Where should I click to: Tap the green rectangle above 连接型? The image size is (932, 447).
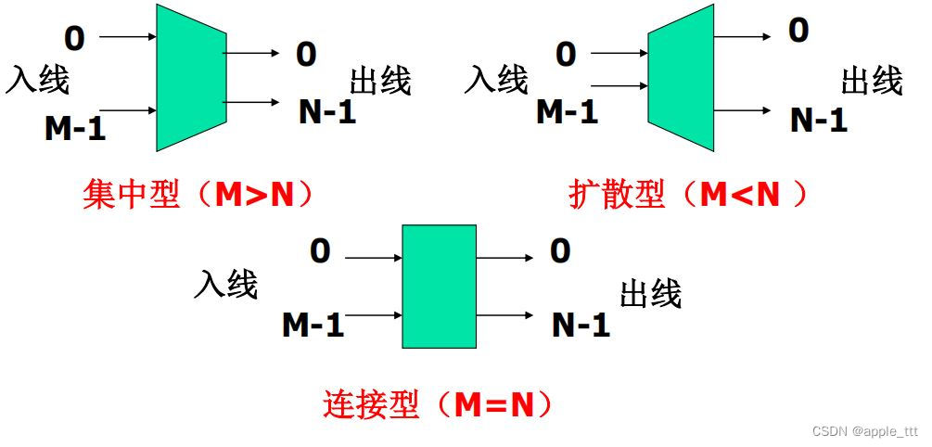(439, 286)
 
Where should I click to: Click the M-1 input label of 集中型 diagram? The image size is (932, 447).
(75, 128)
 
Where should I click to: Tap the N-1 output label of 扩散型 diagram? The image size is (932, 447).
(819, 120)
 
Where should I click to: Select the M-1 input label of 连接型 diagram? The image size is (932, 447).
(313, 325)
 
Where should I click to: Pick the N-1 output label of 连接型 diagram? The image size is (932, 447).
(581, 325)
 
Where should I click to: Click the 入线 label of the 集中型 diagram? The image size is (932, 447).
(38, 80)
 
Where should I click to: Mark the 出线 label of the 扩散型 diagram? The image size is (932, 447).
(872, 81)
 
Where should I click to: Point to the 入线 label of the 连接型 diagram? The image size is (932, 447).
(225, 284)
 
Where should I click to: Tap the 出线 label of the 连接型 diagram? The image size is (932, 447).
(651, 293)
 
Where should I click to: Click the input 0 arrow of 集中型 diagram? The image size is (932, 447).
(127, 37)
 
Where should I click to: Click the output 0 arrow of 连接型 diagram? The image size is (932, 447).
(504, 259)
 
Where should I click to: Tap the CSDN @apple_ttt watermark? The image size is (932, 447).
(864, 431)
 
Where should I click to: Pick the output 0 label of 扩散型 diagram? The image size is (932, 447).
(798, 31)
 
